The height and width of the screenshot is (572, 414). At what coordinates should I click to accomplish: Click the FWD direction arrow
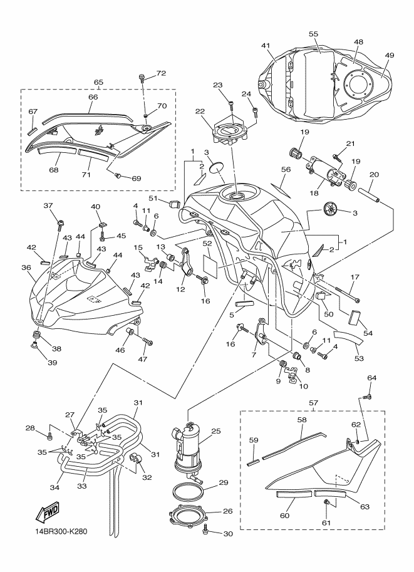point(48,514)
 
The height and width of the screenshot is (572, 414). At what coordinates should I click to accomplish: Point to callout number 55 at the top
point(314,35)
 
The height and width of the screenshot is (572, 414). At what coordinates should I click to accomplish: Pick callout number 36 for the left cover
point(26,268)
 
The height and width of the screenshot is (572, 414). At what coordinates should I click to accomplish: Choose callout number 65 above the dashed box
point(98,82)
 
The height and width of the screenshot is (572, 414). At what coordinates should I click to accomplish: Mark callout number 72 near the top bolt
point(161,73)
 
